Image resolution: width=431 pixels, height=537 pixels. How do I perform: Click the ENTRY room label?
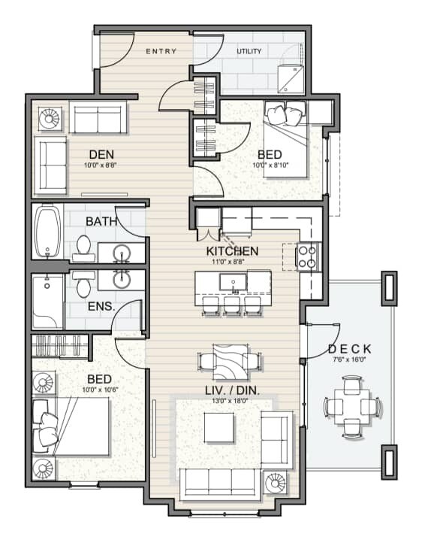(161, 51)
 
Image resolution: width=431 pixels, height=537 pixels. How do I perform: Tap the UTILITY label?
(249, 51)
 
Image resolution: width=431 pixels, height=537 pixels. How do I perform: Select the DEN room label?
(101, 155)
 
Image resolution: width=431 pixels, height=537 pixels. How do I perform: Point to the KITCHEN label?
(232, 251)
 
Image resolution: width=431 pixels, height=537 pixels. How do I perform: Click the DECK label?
(350, 349)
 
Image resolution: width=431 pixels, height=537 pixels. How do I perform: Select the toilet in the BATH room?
(84, 249)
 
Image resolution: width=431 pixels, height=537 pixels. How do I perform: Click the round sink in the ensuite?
(122, 279)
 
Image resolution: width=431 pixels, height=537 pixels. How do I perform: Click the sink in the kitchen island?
(233, 282)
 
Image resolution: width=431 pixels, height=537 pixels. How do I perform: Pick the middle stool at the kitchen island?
(232, 305)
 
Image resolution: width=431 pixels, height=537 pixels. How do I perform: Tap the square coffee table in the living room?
(219, 427)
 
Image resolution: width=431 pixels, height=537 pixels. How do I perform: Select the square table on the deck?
(351, 407)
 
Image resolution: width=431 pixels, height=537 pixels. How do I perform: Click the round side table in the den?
(50, 119)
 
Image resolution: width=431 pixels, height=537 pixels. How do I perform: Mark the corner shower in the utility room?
(291, 78)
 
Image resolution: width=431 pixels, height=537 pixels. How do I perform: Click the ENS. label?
(101, 306)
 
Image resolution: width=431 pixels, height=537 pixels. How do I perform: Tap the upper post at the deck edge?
(389, 287)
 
